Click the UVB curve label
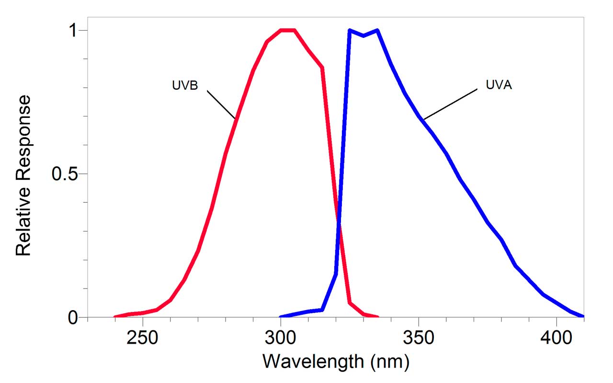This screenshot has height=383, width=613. click(185, 86)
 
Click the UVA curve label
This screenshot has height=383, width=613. click(499, 86)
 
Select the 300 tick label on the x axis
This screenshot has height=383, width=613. click(281, 339)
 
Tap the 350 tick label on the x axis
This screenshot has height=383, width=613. click(419, 339)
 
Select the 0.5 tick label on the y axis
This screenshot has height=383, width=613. click(65, 174)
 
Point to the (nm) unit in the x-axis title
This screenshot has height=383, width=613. click(389, 361)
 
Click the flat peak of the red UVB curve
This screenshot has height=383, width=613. click(287, 30)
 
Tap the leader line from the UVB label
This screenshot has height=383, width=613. click(221, 104)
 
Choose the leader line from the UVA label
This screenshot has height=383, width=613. click(451, 104)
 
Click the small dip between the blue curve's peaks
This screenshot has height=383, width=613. click(363, 35)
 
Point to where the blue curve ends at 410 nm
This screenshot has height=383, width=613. click(583, 316)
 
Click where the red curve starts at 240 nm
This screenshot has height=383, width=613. click(115, 317)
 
